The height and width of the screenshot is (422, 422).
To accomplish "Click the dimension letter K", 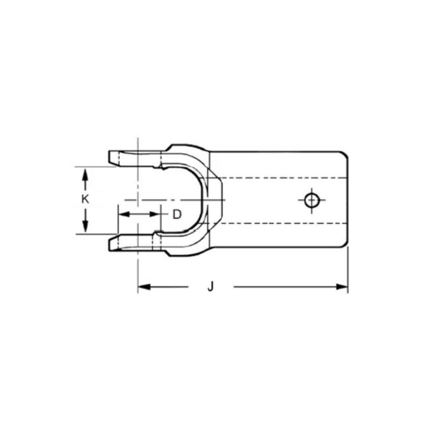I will coord(85,199).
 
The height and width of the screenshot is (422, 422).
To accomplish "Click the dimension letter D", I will coord(177,214).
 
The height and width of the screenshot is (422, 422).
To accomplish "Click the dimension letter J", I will coord(211,287).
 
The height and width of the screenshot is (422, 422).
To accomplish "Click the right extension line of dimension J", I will coord(348,270).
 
